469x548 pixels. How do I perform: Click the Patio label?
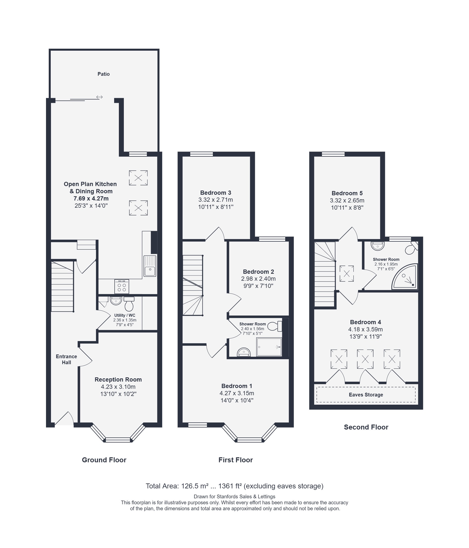coord(103,74)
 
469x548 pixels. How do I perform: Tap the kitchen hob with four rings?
coord(122,286)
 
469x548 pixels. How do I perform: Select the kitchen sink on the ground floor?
coord(150,266)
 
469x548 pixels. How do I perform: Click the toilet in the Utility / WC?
coord(129,304)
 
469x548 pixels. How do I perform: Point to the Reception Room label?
coord(118,380)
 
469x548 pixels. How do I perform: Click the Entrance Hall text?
coord(66,359)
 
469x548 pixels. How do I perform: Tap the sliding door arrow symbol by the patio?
coord(99,97)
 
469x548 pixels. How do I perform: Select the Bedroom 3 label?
coord(216,193)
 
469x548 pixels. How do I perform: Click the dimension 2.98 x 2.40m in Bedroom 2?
coord(258,278)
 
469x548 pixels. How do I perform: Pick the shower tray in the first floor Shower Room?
coord(269,347)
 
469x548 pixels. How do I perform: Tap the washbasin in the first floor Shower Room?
coord(244,352)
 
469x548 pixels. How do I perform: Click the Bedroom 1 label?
coord(237,386)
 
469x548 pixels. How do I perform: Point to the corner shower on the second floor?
coord(405,276)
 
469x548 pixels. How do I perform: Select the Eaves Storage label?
coord(366,394)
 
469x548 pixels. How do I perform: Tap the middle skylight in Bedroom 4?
coord(365,359)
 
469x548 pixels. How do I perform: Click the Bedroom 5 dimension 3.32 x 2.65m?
coord(347,200)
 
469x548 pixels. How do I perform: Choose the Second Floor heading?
coord(366,427)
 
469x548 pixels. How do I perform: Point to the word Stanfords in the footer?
coord(228,497)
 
